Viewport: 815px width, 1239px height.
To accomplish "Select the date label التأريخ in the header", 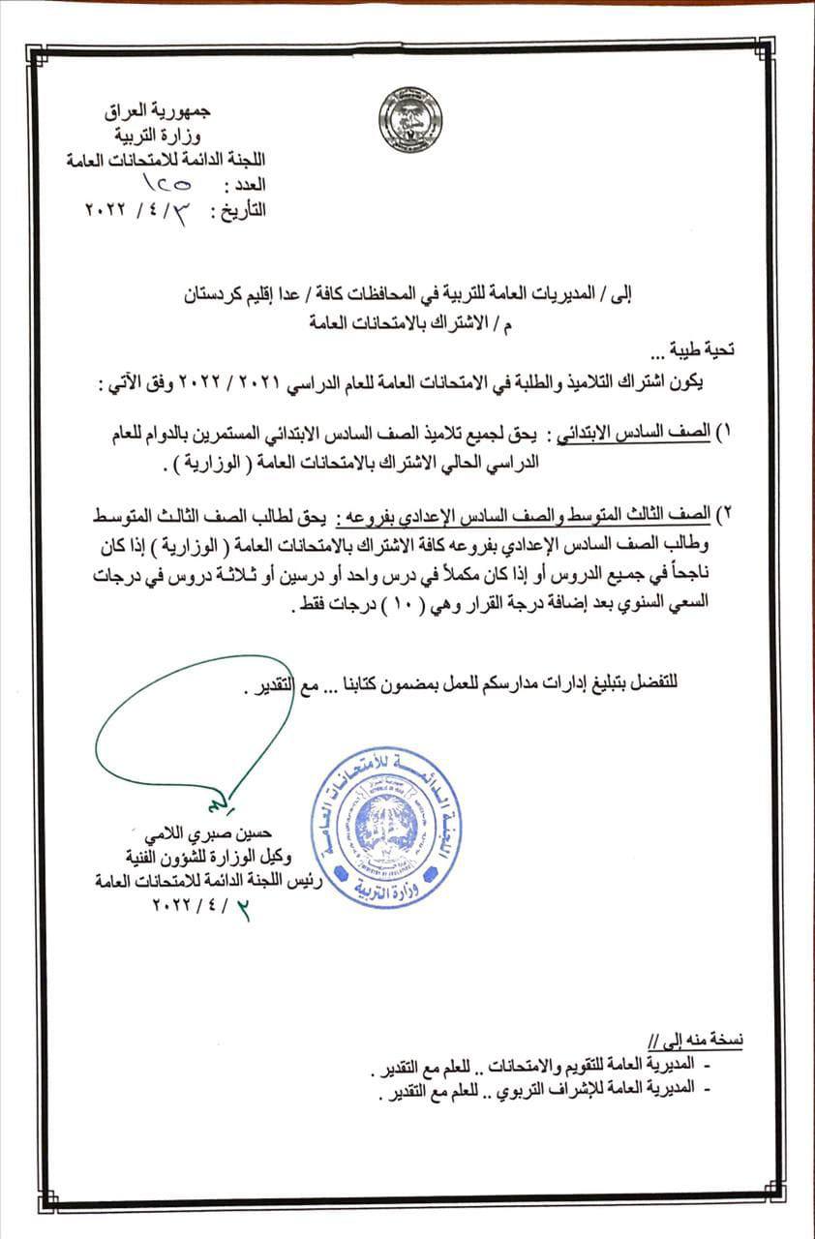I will [242, 209].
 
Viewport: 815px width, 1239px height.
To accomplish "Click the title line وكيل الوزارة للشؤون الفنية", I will [213, 857].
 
